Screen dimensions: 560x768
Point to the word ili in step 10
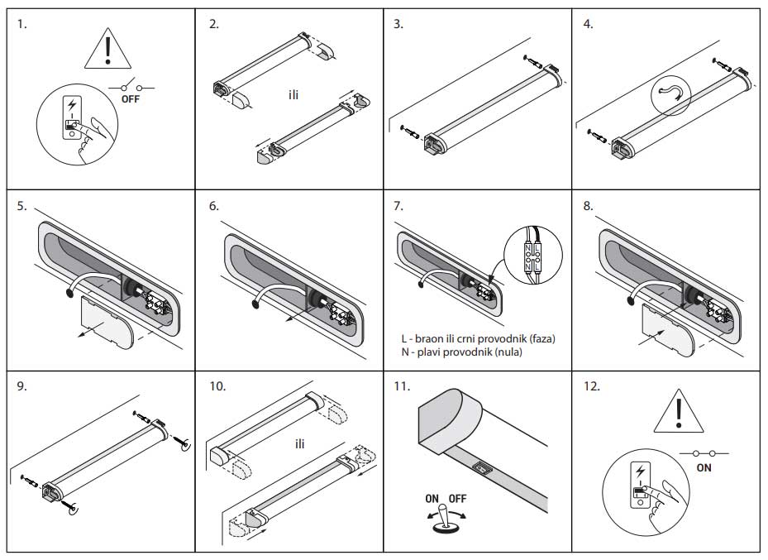click(300, 444)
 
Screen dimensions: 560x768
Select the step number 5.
click(21, 206)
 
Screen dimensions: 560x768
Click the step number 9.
click(21, 386)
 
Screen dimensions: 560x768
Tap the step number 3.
click(398, 24)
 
